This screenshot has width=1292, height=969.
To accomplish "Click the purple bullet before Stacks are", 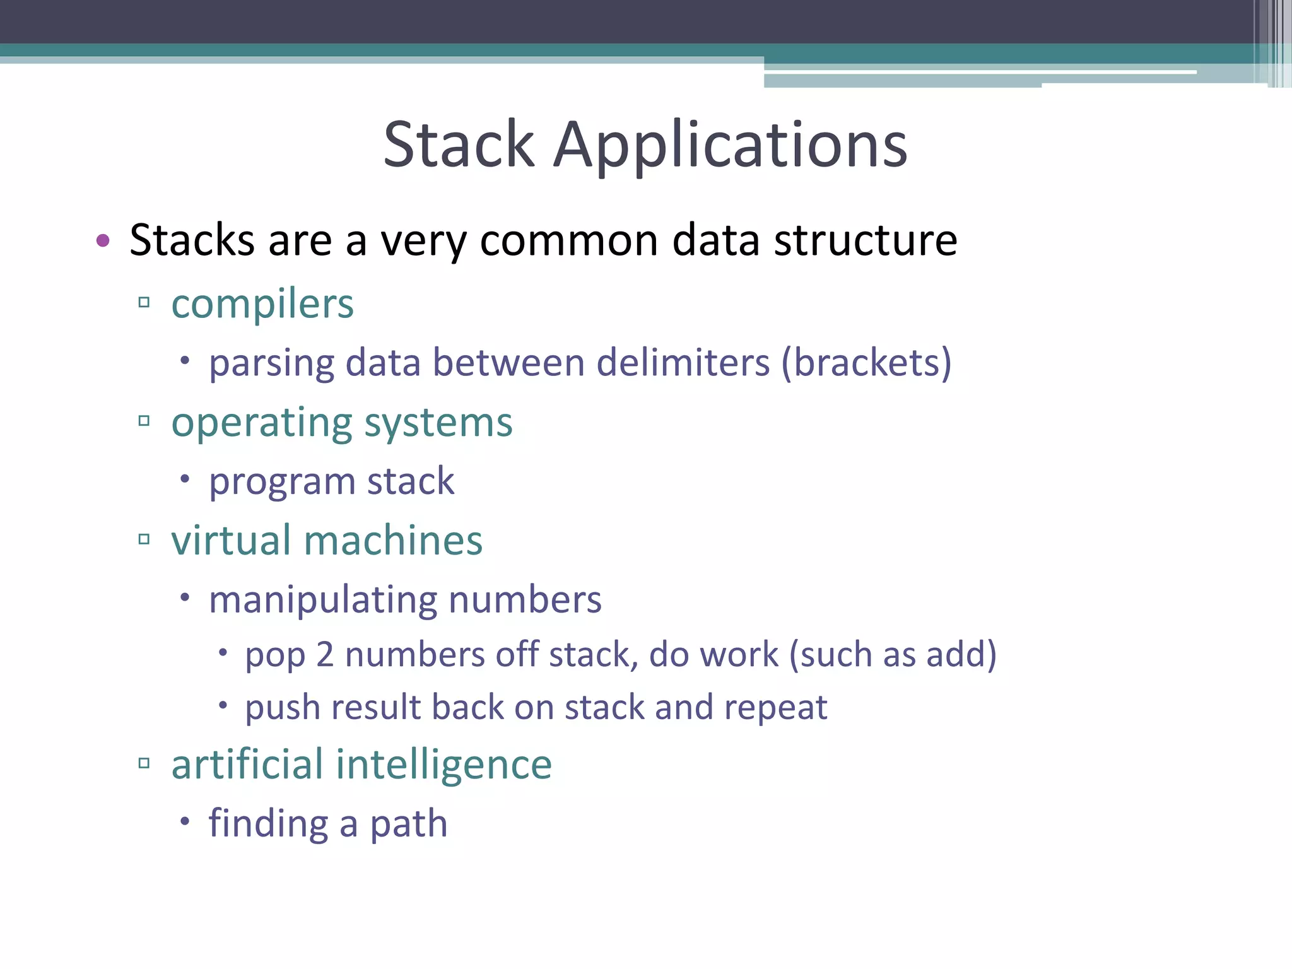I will pyautogui.click(x=103, y=240).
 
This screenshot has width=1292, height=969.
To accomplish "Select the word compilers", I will pyautogui.click(x=262, y=305).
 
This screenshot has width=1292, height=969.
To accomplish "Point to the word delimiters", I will pyautogui.click(x=683, y=363).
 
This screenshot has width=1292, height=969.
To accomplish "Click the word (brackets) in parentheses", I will pyautogui.click(x=866, y=363).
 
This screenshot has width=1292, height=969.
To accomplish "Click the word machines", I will pyautogui.click(x=393, y=541).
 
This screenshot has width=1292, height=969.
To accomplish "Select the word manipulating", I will pyautogui.click(x=322, y=600).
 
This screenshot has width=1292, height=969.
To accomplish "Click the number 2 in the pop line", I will pyautogui.click(x=325, y=654).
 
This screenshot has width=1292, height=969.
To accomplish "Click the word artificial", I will pyautogui.click(x=247, y=764).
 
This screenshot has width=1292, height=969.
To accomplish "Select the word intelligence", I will pyautogui.click(x=443, y=765).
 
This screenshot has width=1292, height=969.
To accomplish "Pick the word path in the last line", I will pyautogui.click(x=408, y=824).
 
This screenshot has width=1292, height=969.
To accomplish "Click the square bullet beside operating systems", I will pyautogui.click(x=144, y=421).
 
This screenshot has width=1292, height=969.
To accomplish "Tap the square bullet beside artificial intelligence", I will pyautogui.click(x=144, y=763).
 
